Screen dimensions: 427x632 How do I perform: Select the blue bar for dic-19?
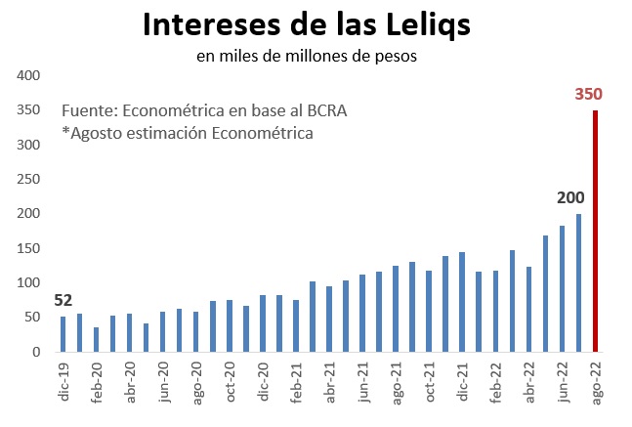pos(63,334)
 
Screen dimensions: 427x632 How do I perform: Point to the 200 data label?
pos(570,198)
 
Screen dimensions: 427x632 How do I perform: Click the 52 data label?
pos(63,300)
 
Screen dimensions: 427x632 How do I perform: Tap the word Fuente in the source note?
pos(88,110)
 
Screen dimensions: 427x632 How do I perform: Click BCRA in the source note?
pos(326,110)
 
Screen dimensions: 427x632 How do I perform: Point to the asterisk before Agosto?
pos(64,133)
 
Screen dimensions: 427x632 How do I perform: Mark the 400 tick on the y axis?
pos(28,76)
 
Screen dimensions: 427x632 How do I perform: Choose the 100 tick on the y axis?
pos(28,283)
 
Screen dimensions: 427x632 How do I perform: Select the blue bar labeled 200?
pos(578,283)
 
